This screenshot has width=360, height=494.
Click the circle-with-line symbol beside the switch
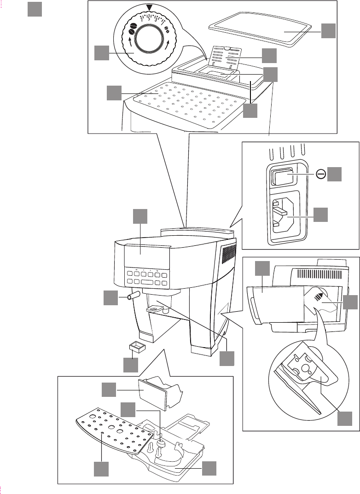[320, 174]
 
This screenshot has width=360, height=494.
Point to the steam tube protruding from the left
[133, 296]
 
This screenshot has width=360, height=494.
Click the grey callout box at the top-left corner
[35, 9]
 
